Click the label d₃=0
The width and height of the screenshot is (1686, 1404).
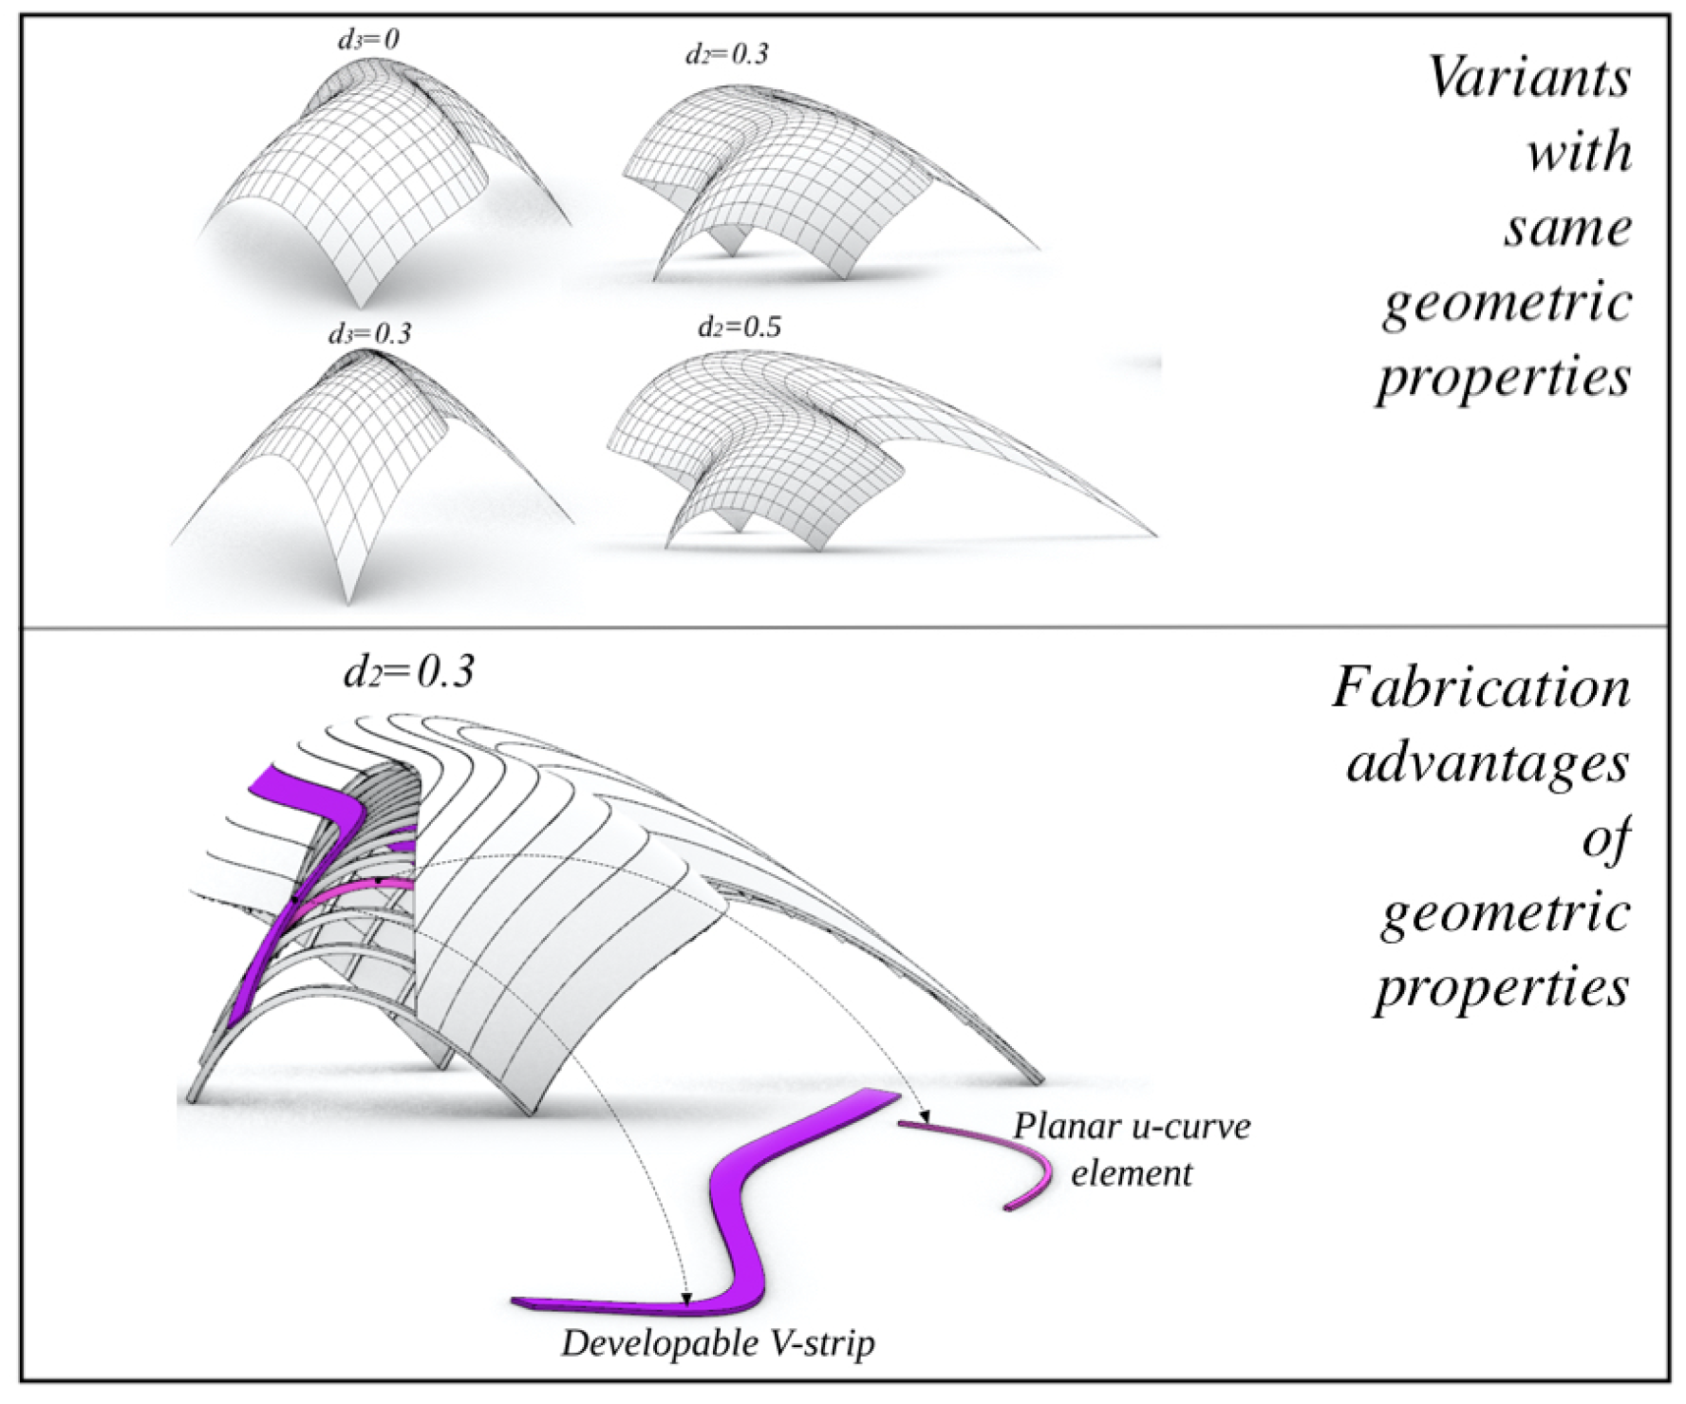click(x=368, y=39)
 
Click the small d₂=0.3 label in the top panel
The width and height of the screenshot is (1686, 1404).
click(x=726, y=54)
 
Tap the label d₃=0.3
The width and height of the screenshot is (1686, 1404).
click(x=369, y=334)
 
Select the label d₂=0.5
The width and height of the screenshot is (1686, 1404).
click(x=739, y=328)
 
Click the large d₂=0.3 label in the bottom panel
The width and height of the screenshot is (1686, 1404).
click(x=409, y=671)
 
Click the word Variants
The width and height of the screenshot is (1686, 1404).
click(x=1528, y=78)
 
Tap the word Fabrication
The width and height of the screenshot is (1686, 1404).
click(x=1480, y=687)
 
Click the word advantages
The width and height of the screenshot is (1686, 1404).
click(x=1487, y=763)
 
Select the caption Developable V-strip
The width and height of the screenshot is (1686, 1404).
click(x=717, y=1343)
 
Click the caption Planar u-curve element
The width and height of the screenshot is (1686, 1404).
click(x=1132, y=1150)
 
